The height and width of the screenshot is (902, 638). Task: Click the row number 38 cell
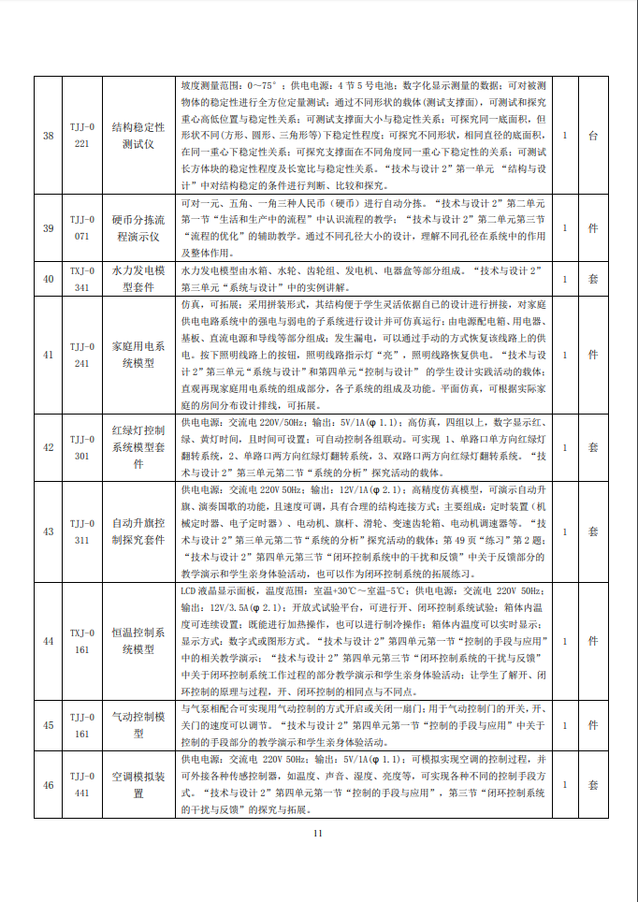click(49, 136)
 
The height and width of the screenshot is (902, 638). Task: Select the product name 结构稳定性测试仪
click(138, 136)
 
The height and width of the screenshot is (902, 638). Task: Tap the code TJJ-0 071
click(81, 228)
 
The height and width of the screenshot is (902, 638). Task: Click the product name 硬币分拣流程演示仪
click(138, 228)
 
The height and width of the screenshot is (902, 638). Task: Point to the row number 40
click(49, 278)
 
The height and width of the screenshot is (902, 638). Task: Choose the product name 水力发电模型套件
click(138, 278)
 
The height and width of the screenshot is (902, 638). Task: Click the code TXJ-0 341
click(81, 278)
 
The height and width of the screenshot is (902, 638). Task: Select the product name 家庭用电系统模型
click(138, 355)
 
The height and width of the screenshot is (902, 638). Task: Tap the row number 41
click(49, 355)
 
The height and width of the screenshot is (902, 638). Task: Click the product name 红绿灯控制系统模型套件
click(138, 447)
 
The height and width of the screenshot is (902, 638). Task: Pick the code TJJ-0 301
click(81, 447)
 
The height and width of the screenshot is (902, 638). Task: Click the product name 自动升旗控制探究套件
click(138, 531)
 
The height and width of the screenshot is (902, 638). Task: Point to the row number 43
click(49, 531)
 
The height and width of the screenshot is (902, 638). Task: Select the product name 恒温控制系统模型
click(138, 641)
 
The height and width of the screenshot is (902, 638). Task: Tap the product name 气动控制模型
click(138, 725)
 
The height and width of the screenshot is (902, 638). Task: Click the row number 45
click(49, 725)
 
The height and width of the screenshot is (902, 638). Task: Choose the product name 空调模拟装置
click(138, 784)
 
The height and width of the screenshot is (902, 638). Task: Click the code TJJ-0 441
click(81, 784)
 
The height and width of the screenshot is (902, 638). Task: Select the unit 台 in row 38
click(592, 136)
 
